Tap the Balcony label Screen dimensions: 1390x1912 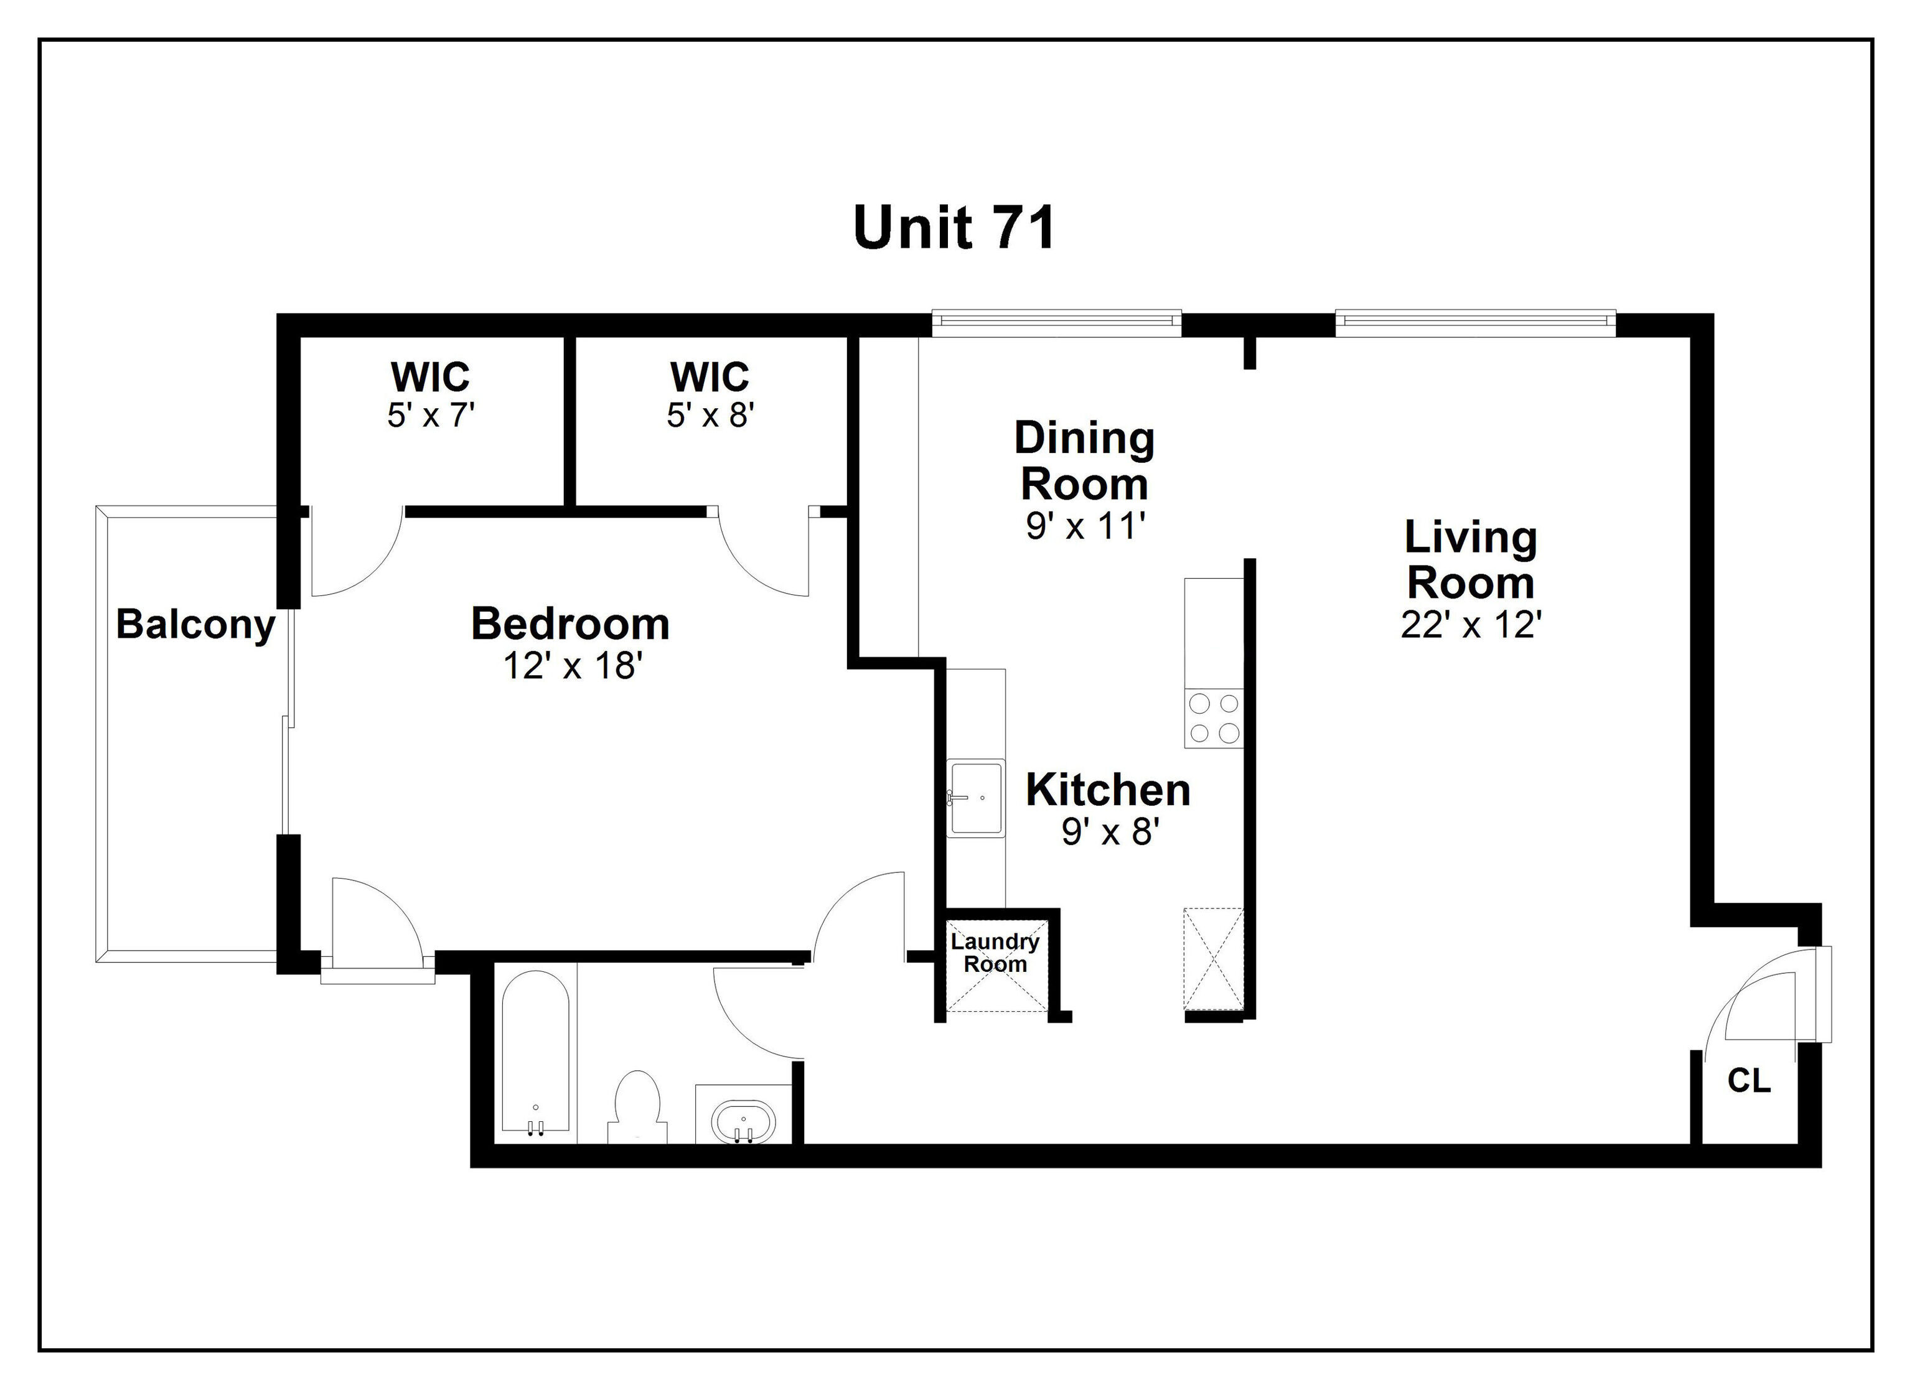195,625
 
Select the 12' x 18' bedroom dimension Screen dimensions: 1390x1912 573,666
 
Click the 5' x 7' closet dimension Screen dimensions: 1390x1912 431,415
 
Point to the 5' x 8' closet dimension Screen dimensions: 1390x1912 710,415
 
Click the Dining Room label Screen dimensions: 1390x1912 1084,461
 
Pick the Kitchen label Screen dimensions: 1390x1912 1108,790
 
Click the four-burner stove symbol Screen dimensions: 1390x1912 1214,718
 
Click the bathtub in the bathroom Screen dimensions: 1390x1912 535,1053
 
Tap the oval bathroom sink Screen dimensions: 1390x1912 743,1122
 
